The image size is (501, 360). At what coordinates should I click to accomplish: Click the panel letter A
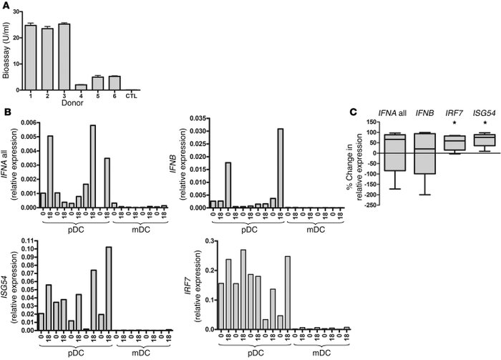pyautogui.click(x=6, y=6)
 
